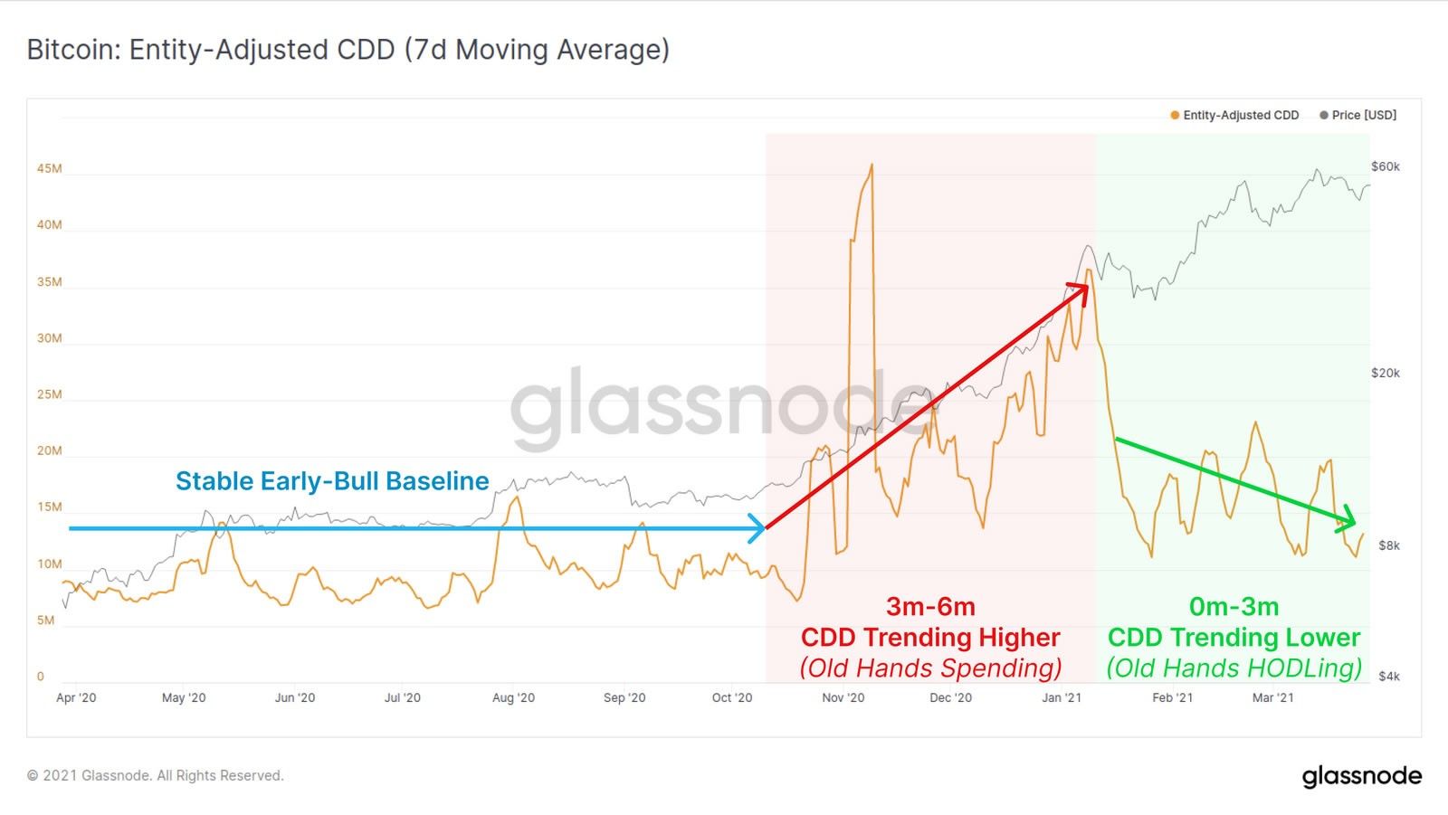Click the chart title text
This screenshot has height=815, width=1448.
tap(348, 49)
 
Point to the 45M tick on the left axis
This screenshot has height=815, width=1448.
tap(49, 169)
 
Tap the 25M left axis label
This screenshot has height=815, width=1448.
tap(49, 394)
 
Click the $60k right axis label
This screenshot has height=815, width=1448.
tap(1385, 166)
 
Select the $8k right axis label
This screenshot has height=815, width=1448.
tap(1388, 545)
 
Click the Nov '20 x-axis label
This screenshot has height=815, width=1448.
tap(843, 697)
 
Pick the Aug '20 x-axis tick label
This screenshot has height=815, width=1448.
tap(513, 697)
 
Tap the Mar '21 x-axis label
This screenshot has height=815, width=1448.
tap(1272, 697)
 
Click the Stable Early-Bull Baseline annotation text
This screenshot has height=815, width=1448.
tap(332, 480)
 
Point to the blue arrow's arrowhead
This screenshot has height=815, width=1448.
tap(758, 528)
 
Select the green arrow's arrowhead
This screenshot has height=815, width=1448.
tap(1349, 519)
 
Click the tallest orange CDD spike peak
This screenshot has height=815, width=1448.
tap(872, 166)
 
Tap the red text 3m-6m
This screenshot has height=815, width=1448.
tap(929, 606)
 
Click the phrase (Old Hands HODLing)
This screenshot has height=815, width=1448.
tap(1234, 668)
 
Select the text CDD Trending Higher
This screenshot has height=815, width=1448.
tap(929, 638)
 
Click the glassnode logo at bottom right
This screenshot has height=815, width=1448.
tap(1361, 776)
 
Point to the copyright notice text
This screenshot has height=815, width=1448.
tap(155, 775)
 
